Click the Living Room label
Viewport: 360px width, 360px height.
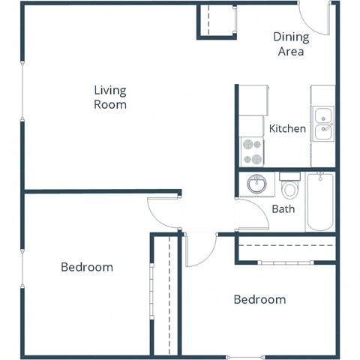point(110,97)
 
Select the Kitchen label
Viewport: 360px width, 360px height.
point(287,129)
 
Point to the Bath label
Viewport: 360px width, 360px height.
point(283,208)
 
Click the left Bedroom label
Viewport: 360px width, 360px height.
point(87,267)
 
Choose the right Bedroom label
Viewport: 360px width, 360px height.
point(259,299)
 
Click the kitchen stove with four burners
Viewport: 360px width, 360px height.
point(253,151)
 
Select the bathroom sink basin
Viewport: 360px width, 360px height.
point(256,183)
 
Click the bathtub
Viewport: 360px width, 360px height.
point(319,202)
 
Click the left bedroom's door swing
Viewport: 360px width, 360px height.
point(163,212)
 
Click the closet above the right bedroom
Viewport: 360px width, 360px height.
point(286,249)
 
